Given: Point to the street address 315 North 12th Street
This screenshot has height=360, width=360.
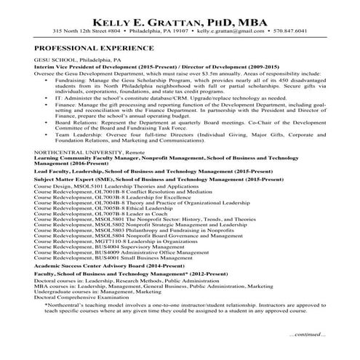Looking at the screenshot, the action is (x=87, y=31).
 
